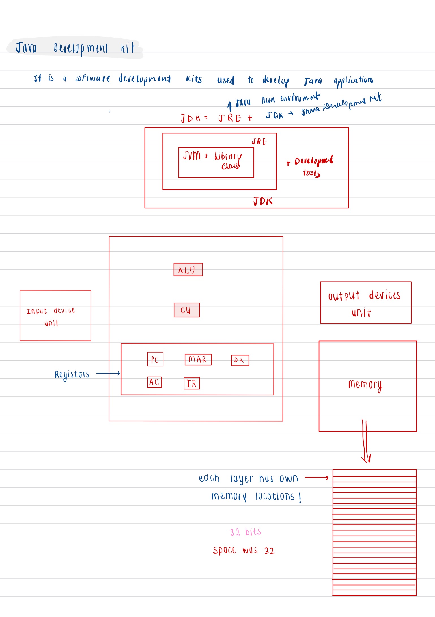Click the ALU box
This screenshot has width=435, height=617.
[x=188, y=269]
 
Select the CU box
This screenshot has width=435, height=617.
[x=186, y=310]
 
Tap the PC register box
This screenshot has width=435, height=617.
[x=155, y=359]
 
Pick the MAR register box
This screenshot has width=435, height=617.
[x=198, y=359]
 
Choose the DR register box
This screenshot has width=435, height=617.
[x=240, y=360]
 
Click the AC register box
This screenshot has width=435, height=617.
[x=154, y=382]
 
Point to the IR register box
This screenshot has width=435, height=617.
[x=191, y=383]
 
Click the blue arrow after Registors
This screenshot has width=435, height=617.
[x=108, y=373]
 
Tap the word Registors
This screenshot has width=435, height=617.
[x=72, y=374]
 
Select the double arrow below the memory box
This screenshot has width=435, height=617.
[x=365, y=441]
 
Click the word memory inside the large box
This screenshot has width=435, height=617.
[x=365, y=385]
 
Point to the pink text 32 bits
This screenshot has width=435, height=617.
[x=245, y=532]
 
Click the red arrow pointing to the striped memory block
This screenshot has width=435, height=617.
[x=316, y=478]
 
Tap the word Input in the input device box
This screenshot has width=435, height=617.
[x=37, y=311]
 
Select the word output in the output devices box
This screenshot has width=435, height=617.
[x=344, y=296]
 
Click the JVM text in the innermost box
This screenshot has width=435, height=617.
[x=192, y=156]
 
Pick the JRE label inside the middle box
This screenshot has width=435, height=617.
[x=259, y=141]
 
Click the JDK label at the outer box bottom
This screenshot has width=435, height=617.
[x=263, y=201]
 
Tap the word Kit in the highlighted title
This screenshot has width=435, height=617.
[x=128, y=48]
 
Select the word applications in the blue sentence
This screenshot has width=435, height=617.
[x=353, y=81]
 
